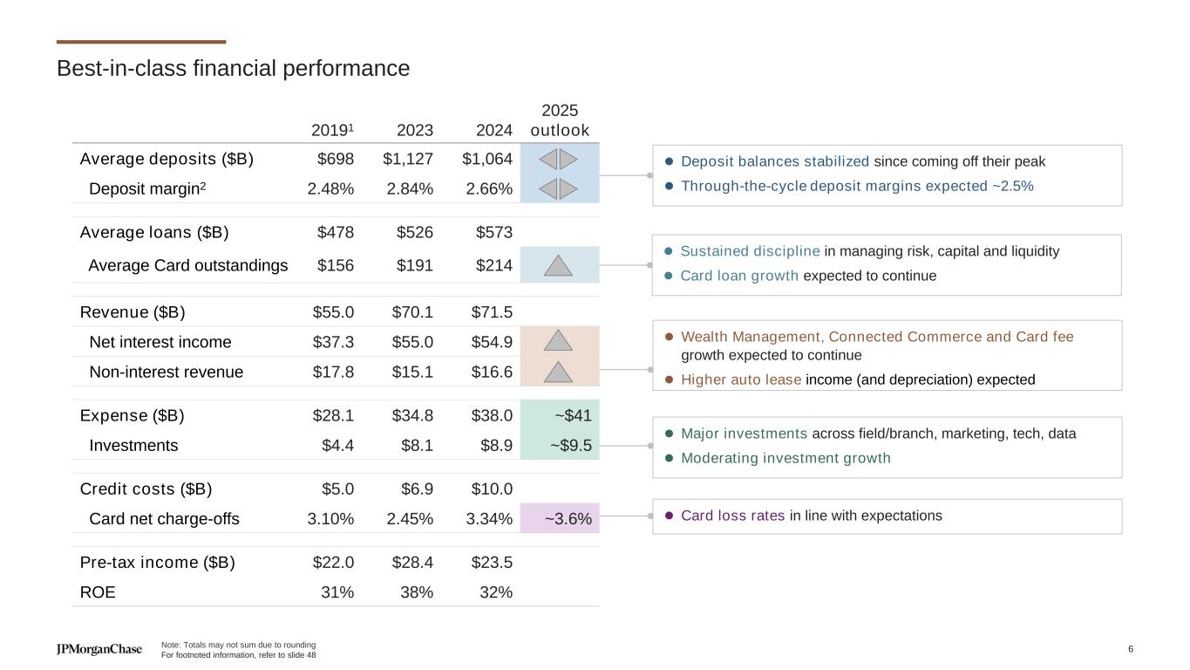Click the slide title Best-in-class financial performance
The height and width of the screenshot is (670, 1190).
point(233,68)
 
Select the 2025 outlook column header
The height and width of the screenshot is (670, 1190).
point(560,120)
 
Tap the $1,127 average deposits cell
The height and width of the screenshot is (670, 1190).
point(408,159)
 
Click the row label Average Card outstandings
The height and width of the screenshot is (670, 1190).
point(187,265)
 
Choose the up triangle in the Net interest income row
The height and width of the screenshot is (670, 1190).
point(559,341)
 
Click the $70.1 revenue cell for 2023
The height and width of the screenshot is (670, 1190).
point(412,312)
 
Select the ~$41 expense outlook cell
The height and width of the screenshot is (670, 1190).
point(573,415)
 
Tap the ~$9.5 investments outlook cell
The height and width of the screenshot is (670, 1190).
point(570,445)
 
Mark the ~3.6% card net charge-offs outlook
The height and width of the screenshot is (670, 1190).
point(568,519)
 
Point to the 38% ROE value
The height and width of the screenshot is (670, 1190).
point(416,592)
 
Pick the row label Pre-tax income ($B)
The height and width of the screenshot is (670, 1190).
point(157,562)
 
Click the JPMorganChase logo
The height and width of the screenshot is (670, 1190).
point(99,649)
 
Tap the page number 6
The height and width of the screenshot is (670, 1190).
point(1131,648)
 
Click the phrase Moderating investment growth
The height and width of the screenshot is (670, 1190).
point(785,458)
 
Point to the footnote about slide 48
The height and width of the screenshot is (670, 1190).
point(239,654)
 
